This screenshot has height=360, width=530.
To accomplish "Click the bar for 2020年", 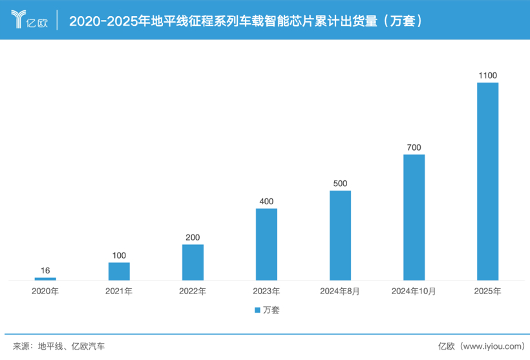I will tap(45, 279).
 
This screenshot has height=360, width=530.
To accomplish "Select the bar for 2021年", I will tap(119, 271).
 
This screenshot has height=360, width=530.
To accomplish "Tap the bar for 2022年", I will tap(193, 262).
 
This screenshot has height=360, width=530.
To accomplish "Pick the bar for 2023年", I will tap(266, 244).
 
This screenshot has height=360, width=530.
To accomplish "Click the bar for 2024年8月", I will tap(340, 235).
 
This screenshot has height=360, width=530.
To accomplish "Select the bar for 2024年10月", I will tap(414, 217).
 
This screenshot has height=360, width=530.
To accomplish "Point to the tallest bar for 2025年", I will tap(487, 181).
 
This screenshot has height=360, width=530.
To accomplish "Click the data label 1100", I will tap(487, 76).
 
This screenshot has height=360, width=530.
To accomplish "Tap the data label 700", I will tap(414, 148).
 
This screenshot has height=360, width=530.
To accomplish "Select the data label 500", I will tap(340, 184).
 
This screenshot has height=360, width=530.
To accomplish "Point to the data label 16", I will tap(45, 271).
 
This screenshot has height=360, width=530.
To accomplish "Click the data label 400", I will tap(266, 202).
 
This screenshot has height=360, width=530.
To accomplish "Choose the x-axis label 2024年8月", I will tap(340, 291).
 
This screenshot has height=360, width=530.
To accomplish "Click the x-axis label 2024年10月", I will tap(414, 291).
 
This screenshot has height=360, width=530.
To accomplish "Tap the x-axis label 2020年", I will tap(45, 291).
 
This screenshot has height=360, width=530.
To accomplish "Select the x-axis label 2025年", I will tap(487, 291).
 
